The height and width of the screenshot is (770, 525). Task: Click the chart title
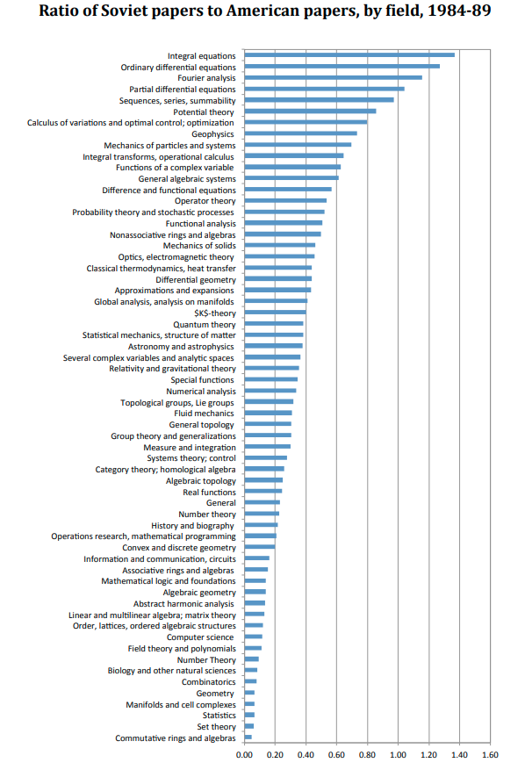(x=265, y=11)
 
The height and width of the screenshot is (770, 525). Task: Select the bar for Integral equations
(x=349, y=55)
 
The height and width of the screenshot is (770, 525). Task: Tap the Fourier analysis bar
(x=334, y=77)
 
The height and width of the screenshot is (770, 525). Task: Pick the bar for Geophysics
(x=300, y=133)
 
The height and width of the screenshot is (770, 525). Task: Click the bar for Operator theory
(x=285, y=200)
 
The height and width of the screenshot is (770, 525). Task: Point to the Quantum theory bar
(x=274, y=324)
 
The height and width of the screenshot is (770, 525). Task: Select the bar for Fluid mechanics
(x=268, y=413)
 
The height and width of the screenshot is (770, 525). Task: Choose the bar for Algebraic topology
(x=263, y=480)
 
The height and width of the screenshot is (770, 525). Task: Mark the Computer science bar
(x=254, y=637)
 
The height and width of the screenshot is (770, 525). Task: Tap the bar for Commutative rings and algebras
(x=248, y=738)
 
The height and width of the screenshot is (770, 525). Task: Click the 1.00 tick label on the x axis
(x=398, y=755)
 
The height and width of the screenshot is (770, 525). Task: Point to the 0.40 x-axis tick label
(x=306, y=755)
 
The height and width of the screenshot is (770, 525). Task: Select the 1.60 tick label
(x=490, y=755)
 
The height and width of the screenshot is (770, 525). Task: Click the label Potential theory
(x=204, y=112)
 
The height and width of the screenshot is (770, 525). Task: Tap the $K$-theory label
(x=214, y=313)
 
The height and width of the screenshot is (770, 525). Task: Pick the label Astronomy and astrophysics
(x=181, y=347)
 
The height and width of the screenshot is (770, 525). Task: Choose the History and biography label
(x=192, y=525)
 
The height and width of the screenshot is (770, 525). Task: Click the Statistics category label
(x=219, y=716)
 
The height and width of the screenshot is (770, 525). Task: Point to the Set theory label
(x=217, y=727)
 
